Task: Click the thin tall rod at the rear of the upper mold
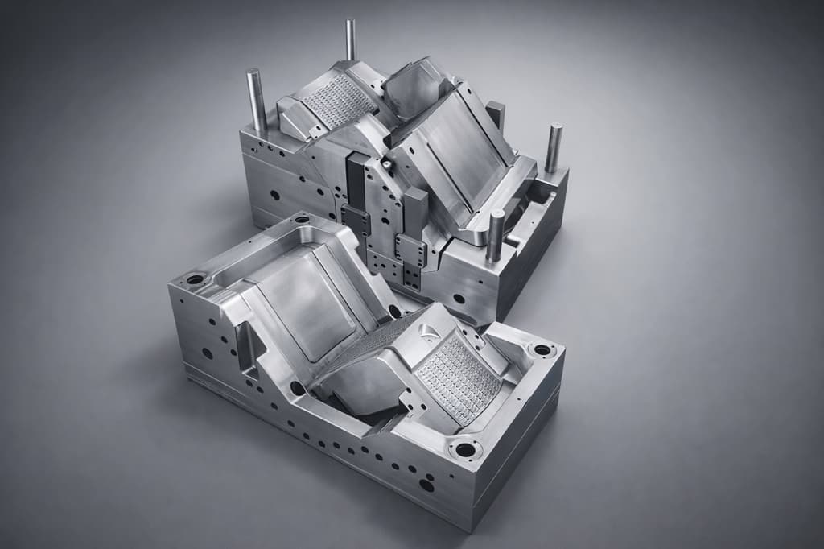[x=351, y=40]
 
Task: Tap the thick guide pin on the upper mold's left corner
[x=256, y=100]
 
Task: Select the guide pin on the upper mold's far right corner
[x=554, y=148]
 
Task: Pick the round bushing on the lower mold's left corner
[x=196, y=281]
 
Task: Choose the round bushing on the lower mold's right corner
[x=542, y=351]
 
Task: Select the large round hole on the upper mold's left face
[x=274, y=194]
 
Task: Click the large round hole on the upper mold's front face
[x=459, y=299]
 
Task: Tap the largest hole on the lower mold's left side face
[x=208, y=353]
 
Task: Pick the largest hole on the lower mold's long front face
[x=426, y=485]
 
